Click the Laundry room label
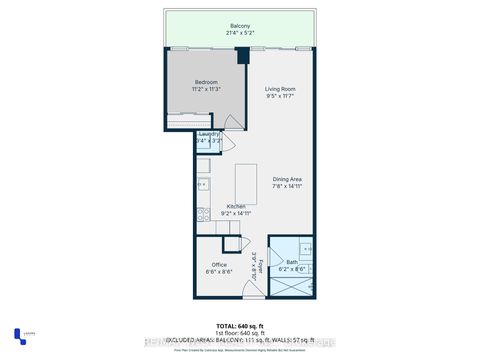[209, 134]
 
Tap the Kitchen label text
[223, 206]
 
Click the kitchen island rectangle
[247, 184]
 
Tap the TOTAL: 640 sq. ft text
[240, 327]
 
